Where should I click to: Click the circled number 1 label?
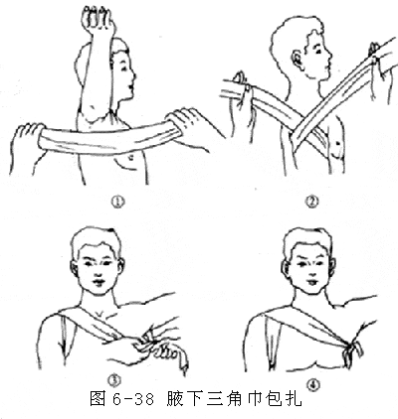click(118, 201)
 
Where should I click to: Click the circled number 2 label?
click(311, 201)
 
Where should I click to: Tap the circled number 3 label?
click(113, 381)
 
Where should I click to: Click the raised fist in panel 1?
click(98, 18)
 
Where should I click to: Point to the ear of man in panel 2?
click(296, 59)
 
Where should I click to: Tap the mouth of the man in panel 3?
click(99, 282)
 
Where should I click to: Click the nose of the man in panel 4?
click(309, 272)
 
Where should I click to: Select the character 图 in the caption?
click(99, 399)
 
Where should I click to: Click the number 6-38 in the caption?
click(133, 399)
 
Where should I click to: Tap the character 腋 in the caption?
click(176, 399)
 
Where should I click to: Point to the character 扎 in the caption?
click(294, 399)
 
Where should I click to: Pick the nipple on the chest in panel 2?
click(337, 143)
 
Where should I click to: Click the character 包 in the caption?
click(274, 399)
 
